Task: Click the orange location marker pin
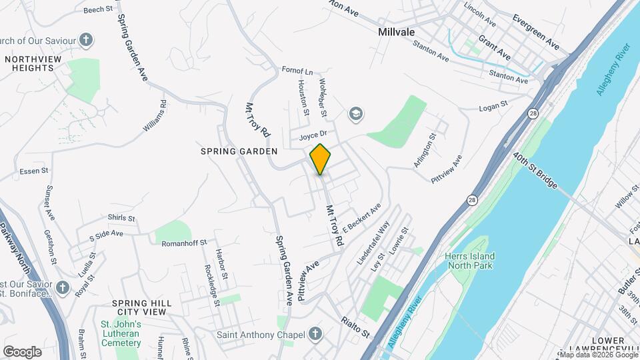320,159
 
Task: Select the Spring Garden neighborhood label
239,151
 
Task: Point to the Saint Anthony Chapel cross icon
315,334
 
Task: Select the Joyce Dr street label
311,135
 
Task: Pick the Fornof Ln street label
297,71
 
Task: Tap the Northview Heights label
29,63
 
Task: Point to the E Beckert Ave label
361,217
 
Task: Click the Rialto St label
355,327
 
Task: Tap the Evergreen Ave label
536,31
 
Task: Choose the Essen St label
35,171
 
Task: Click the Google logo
22,351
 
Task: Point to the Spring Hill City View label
141,307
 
